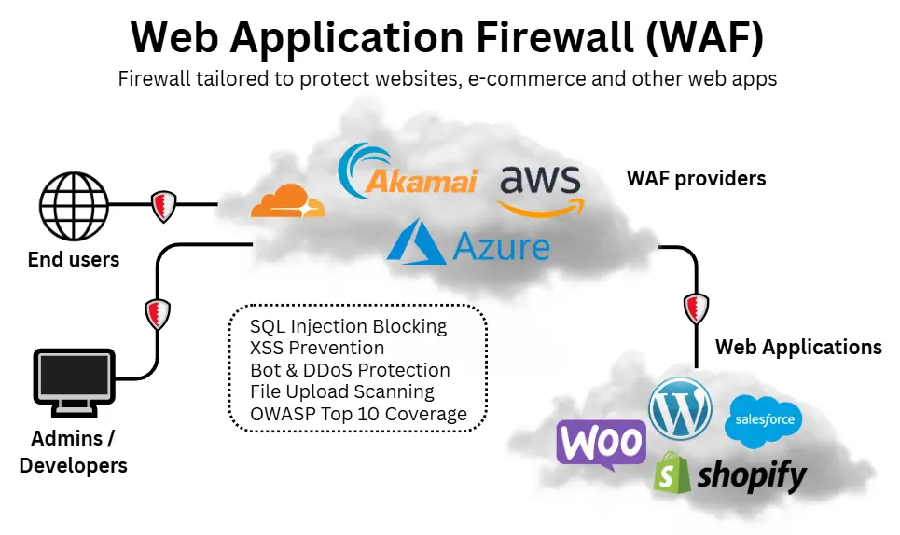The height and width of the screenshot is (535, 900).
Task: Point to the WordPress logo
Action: point(681,408)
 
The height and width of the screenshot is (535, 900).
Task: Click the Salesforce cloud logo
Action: point(763,420)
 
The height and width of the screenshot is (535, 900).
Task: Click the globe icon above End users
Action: point(74,204)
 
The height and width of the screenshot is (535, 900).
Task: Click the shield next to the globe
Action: point(164,205)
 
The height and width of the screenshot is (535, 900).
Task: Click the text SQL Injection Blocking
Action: point(349,327)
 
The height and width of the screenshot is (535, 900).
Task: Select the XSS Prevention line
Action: point(317,349)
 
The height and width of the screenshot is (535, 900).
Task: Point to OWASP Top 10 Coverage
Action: point(358,415)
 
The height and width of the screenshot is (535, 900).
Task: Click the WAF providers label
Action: point(696,178)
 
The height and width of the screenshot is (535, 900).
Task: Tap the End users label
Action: point(74,260)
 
